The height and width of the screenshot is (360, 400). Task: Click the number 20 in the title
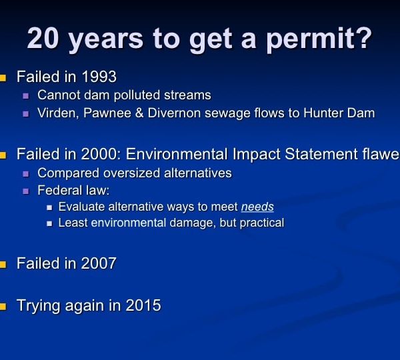(43, 38)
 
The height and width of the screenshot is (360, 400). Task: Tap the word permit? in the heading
(319, 39)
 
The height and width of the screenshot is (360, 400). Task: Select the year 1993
(99, 77)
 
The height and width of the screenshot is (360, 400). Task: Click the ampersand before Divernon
(139, 113)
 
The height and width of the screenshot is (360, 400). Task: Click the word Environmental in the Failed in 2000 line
(177, 154)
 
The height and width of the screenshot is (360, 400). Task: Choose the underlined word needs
(257, 207)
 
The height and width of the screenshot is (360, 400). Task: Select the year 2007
(99, 263)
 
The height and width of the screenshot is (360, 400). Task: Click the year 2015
(143, 305)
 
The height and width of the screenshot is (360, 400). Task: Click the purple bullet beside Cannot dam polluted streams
(26, 96)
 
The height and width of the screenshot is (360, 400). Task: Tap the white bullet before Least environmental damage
(49, 224)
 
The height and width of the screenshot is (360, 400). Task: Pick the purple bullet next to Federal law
(26, 191)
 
